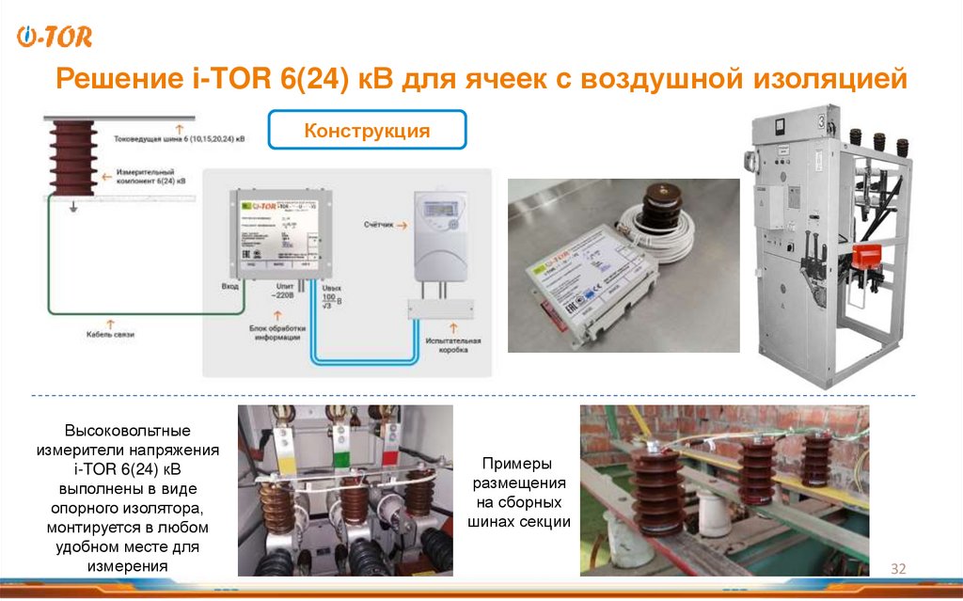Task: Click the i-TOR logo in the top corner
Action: [55, 37]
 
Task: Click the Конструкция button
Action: [367, 131]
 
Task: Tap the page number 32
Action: [897, 568]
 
